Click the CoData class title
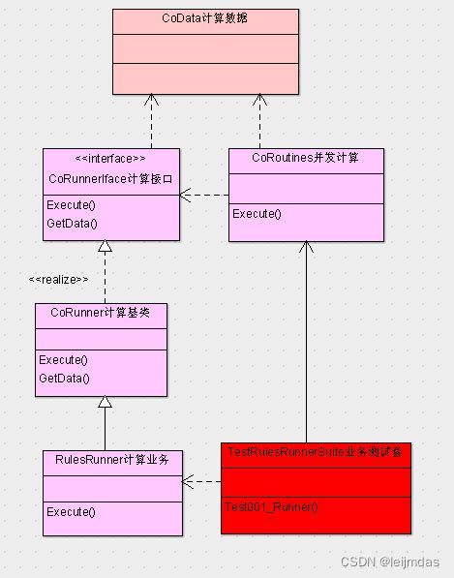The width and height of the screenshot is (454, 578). (x=205, y=18)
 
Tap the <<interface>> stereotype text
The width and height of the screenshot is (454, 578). (x=110, y=158)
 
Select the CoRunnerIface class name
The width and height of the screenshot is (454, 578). (x=110, y=178)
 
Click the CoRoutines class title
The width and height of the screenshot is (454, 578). (x=305, y=157)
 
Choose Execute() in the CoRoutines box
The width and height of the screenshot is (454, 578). (x=257, y=213)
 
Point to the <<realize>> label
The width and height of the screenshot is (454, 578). (x=59, y=279)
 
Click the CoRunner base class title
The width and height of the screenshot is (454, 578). (x=101, y=313)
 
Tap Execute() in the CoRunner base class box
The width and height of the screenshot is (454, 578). (x=63, y=359)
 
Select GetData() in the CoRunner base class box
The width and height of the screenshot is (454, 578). (x=64, y=378)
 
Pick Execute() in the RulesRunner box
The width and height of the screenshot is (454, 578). (x=70, y=511)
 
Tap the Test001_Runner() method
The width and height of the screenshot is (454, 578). (x=271, y=506)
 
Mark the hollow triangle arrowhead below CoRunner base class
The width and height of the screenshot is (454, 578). (x=105, y=403)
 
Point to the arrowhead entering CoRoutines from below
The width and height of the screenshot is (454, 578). (x=306, y=248)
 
